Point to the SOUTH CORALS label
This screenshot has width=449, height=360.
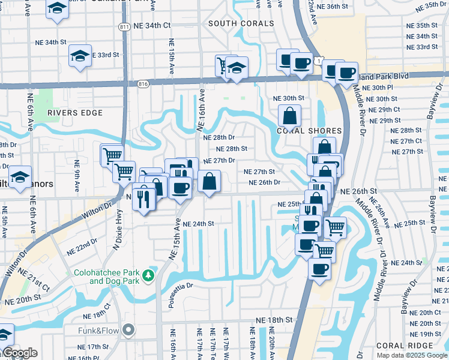(x=241, y=23)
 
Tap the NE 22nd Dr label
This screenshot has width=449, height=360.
(x=83, y=245)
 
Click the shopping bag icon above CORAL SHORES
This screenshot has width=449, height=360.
(x=289, y=115)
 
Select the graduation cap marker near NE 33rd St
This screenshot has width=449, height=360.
(x=80, y=56)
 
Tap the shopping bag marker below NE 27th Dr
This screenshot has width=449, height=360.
(x=209, y=181)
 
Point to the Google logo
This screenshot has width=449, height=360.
(x=20, y=353)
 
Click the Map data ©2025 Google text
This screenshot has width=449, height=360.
(x=412, y=355)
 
